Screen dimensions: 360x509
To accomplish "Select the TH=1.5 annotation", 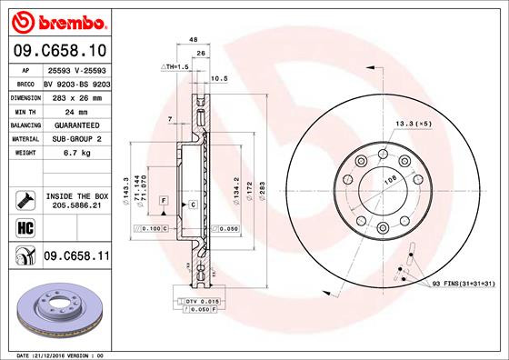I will tap(175, 68).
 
